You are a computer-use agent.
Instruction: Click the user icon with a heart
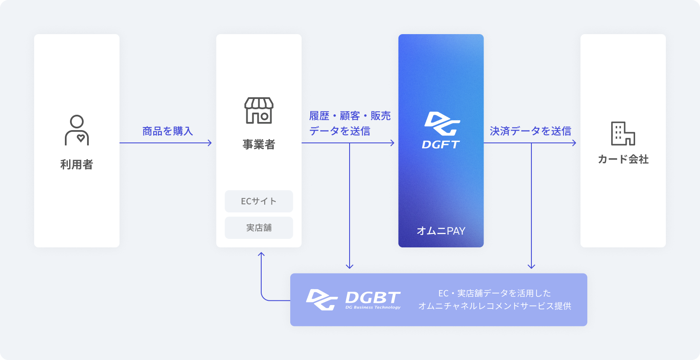[x=77, y=130]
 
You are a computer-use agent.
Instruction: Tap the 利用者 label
[x=77, y=164]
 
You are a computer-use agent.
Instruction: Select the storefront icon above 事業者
[x=259, y=110]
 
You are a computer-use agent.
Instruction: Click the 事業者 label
[x=259, y=144]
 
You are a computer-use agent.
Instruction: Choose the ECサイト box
[x=259, y=201]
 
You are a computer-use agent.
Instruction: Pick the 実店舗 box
[x=259, y=228]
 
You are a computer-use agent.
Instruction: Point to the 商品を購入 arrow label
[x=167, y=131]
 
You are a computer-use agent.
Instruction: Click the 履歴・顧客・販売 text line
[x=350, y=116]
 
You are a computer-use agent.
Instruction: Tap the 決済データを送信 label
[x=530, y=131]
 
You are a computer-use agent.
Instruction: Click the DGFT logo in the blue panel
[x=441, y=130]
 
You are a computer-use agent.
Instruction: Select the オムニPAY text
[x=441, y=231]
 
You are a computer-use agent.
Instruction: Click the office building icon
[x=623, y=134]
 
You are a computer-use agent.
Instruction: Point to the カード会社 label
[x=623, y=159]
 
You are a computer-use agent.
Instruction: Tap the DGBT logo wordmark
[x=373, y=297]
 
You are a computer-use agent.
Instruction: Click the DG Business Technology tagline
[x=373, y=307]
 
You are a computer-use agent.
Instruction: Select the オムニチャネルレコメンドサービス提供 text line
[x=495, y=306]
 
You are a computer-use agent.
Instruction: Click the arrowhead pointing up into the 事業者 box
[x=261, y=254]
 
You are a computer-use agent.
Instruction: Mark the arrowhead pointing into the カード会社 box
[x=575, y=143]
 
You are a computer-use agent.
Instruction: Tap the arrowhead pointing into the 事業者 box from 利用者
[x=210, y=143]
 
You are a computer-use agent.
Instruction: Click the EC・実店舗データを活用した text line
[x=495, y=293]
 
